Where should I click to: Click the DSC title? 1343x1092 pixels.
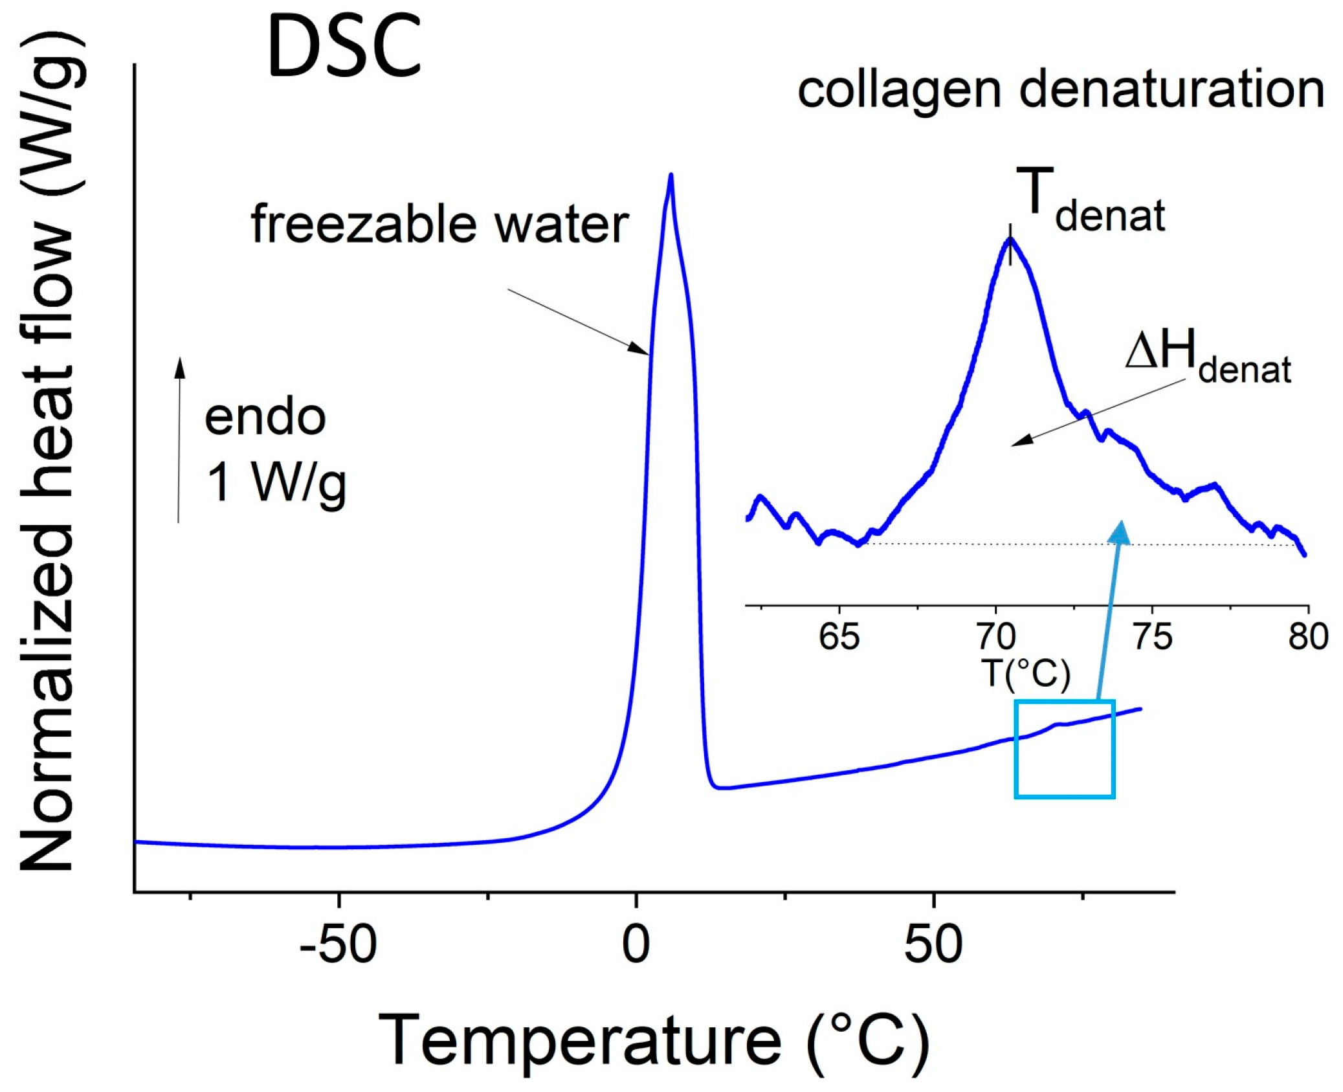coord(344,47)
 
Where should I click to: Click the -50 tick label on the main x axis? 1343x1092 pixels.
coord(339,944)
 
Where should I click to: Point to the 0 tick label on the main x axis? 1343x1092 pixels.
coord(636,944)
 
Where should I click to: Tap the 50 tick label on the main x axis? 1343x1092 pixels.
coord(933,944)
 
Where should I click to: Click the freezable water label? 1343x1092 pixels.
coord(439,224)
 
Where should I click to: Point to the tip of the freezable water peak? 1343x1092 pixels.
coord(671,175)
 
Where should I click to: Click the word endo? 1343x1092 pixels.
coord(265,418)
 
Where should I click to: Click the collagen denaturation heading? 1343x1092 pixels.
coord(1061,90)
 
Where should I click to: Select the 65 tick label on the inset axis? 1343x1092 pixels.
coord(839,637)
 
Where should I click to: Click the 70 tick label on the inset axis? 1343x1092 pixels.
coord(996,637)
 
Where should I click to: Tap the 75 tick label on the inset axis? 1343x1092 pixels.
coord(1153,637)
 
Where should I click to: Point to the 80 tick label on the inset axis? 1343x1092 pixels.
coord(1308,637)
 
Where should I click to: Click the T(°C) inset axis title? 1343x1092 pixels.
coord(1026,673)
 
